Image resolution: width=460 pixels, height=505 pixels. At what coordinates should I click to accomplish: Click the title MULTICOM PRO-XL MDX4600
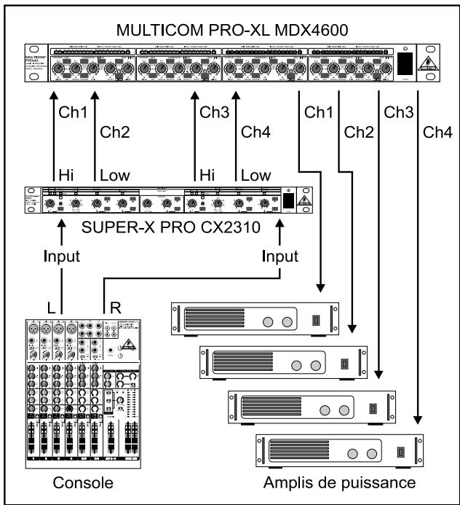coord(230,33)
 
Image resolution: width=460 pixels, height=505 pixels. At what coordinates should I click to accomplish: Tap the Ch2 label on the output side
coord(359,132)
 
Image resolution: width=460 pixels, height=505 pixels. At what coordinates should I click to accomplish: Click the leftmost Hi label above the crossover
coord(64,176)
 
